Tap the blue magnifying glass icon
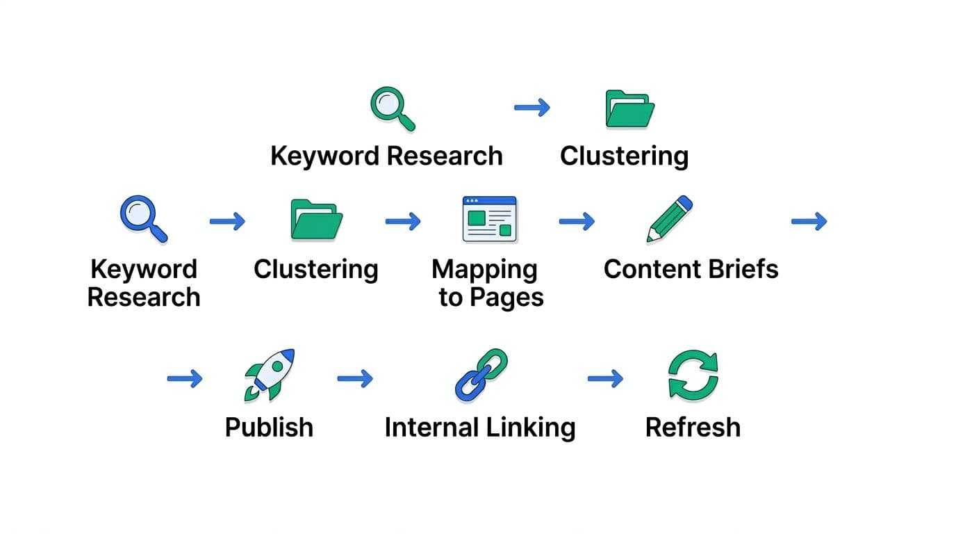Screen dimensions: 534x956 tap(143, 219)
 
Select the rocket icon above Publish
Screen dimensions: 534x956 tap(270, 375)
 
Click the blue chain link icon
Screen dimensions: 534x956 tap(481, 375)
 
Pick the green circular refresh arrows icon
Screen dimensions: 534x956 tap(693, 375)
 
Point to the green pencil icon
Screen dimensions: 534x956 tap(669, 219)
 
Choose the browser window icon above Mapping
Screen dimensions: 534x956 tap(490, 219)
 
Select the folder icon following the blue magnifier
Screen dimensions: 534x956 tap(316, 220)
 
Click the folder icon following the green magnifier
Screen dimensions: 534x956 tap(629, 108)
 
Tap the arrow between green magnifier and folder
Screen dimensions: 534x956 tap(532, 108)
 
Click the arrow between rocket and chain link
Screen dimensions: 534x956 tap(355, 379)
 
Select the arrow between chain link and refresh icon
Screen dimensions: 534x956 tap(605, 379)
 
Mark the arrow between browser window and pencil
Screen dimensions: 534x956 tap(577, 222)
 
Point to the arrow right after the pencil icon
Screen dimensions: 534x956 tap(809, 222)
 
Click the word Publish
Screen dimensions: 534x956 tap(269, 427)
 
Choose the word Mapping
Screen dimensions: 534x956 tap(484, 270)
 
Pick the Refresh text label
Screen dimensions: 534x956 tap(693, 427)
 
